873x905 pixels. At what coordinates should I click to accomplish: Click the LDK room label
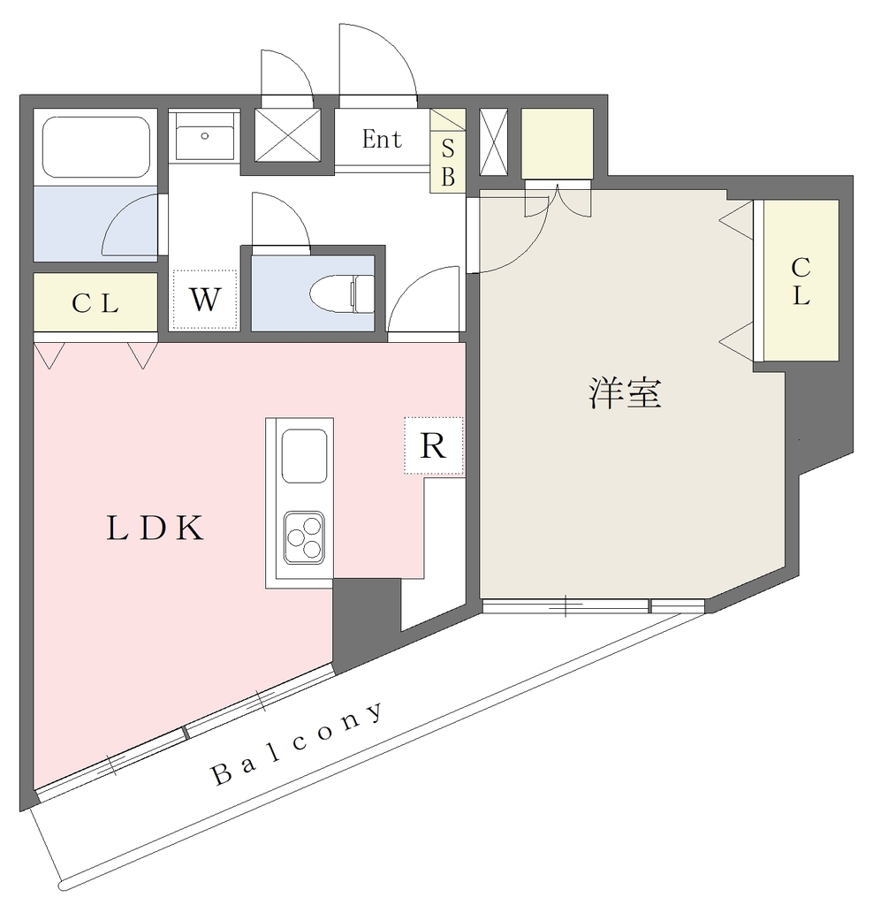pos(156,528)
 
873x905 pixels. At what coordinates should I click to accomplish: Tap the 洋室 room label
pos(626,393)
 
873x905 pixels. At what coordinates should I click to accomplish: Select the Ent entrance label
pos(382,139)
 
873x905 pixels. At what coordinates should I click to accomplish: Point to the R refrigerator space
pos(434,445)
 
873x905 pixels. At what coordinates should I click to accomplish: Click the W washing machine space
pos(205,300)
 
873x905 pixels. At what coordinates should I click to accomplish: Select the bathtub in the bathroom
pos(95,148)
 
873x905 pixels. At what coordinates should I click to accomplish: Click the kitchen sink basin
pos(304,456)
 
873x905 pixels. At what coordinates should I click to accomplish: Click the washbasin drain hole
pos(204,136)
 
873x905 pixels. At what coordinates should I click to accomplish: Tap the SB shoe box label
pos(448,163)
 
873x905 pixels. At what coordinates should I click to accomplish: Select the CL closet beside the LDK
pos(95,302)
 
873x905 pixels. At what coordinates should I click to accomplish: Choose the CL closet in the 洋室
pos(801,280)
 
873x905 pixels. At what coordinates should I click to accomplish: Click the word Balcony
pos(298,744)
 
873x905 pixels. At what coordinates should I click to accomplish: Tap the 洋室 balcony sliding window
pos(593,606)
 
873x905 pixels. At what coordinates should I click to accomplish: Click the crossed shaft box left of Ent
pos(287,135)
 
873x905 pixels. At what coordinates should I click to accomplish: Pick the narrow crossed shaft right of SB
pos(493,141)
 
